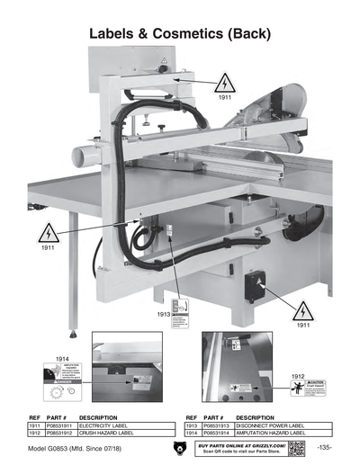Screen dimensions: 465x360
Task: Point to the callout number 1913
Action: coord(164,314)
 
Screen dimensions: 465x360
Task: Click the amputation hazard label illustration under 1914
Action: coord(59,384)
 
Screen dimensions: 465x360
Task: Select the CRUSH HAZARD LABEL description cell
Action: coord(113,434)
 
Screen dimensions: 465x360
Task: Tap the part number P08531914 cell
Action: coord(215,434)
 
